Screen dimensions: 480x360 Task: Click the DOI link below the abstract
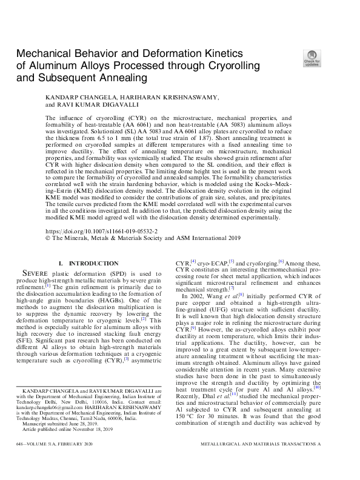coord(101,232)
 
